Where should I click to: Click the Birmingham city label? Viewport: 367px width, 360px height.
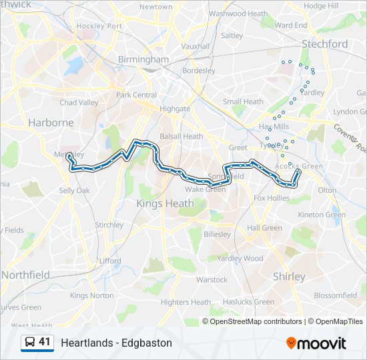tap(143, 59)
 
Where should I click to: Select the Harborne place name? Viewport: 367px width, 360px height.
tap(51, 122)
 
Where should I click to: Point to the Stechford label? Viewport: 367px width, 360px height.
tap(324, 44)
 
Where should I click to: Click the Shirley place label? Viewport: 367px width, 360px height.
tap(289, 276)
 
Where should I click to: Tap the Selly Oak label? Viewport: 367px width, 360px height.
tap(74, 191)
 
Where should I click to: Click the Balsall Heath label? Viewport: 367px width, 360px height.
tap(181, 137)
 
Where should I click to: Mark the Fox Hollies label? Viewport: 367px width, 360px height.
tap(272, 198)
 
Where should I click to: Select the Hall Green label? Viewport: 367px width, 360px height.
tap(264, 228)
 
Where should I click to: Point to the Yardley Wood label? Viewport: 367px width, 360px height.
tap(240, 259)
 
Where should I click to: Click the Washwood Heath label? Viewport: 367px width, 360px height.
tap(238, 13)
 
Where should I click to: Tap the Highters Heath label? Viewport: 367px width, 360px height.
tap(185, 302)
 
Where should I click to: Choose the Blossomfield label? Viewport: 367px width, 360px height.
tap(336, 295)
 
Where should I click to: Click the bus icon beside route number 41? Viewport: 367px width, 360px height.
tap(30, 343)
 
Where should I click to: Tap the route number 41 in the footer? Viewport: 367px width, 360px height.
tap(45, 342)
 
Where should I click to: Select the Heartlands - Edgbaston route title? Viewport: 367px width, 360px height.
tap(116, 343)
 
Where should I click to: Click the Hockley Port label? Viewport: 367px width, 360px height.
tap(99, 26)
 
